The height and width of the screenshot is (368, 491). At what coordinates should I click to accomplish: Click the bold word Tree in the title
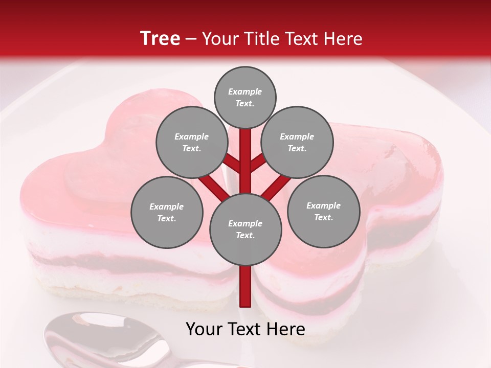coord(160,38)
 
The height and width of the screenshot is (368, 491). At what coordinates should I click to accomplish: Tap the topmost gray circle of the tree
coord(245,97)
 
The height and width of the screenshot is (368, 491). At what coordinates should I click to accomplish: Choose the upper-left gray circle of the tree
coord(191,142)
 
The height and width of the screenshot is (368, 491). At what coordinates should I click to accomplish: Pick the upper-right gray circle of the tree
coord(297,142)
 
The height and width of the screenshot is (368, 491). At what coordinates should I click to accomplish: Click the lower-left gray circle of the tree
coord(167,212)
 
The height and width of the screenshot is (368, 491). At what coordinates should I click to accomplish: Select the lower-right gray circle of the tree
coord(323,211)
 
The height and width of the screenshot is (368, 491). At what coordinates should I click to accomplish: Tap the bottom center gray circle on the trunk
coord(245,229)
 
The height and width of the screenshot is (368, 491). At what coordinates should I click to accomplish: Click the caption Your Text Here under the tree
coord(245,329)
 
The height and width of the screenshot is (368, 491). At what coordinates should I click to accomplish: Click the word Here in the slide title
coord(344,39)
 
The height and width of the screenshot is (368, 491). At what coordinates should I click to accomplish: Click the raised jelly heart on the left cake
coord(97,179)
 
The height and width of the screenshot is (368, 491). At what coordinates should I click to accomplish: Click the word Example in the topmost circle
coord(245,91)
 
